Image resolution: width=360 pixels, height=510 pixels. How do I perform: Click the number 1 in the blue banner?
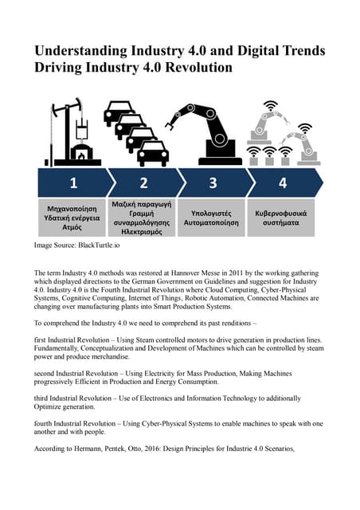tap(72, 182)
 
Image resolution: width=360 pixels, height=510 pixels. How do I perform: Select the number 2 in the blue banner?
tap(143, 182)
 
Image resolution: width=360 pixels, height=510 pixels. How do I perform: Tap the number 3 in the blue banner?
tap(213, 182)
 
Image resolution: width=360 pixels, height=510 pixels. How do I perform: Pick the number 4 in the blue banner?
tap(282, 182)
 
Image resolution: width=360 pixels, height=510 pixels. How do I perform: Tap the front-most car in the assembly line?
tap(153, 153)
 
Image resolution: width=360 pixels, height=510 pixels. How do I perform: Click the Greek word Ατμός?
tap(72, 226)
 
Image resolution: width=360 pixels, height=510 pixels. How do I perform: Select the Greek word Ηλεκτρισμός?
tap(143, 232)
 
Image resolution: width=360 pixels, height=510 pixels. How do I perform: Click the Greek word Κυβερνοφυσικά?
tap(282, 214)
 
